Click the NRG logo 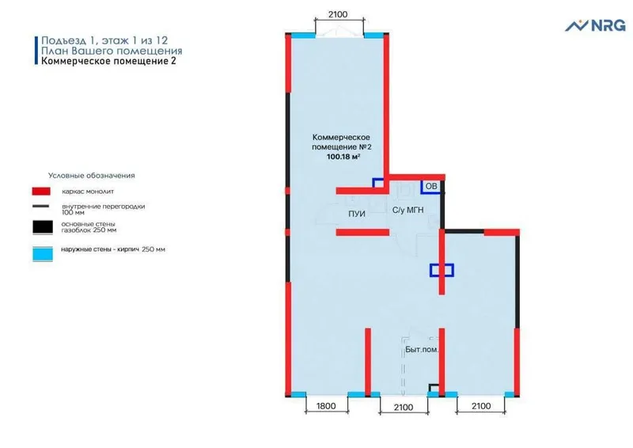[595, 25]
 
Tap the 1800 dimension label [326, 406]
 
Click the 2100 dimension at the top [338, 14]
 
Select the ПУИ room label [357, 214]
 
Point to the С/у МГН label [408, 210]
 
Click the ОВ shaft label [431, 186]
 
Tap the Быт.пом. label [422, 350]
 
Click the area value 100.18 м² [343, 157]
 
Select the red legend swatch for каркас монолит [41, 191]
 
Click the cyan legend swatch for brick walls [43, 254]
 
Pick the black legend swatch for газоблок [43, 227]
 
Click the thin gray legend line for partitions [41, 207]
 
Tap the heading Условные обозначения [92, 176]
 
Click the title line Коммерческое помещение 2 [108, 61]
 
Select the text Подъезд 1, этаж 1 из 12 [104, 40]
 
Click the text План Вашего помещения [112, 51]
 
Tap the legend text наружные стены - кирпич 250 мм [113, 249]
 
